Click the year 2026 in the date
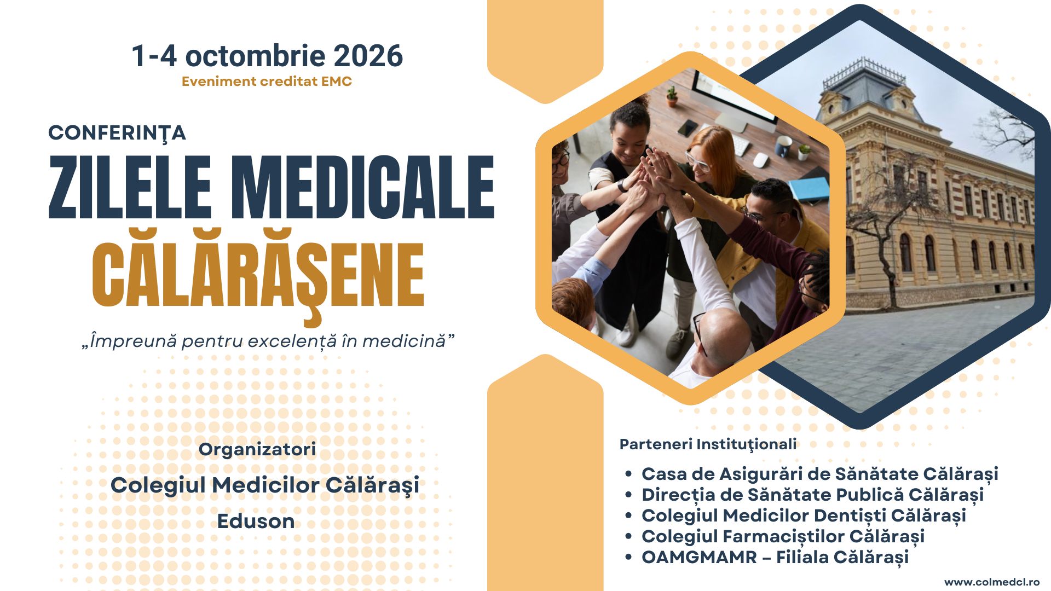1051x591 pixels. click(x=368, y=56)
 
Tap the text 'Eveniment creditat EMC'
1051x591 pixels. click(x=267, y=82)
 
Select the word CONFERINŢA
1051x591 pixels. click(x=117, y=133)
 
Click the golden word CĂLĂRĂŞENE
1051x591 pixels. click(x=258, y=275)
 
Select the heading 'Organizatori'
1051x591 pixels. click(x=257, y=449)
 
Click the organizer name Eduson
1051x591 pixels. click(x=256, y=521)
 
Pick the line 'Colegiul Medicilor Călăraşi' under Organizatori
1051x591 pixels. click(x=265, y=485)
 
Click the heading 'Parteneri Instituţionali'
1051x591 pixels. click(x=708, y=444)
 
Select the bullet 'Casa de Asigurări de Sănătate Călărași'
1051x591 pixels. click(x=819, y=474)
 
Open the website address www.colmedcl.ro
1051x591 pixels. click(x=992, y=582)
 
